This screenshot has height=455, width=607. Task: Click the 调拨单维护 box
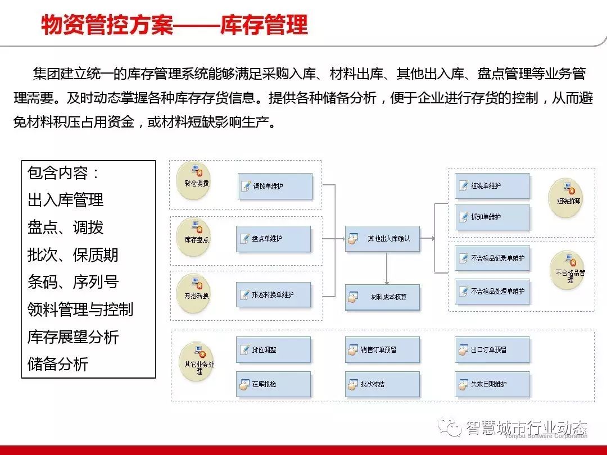[x=275, y=186]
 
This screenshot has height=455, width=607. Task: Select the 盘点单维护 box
[x=274, y=239]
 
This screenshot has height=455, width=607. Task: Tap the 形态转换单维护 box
[x=273, y=294]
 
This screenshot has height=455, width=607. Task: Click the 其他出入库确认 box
[x=382, y=239]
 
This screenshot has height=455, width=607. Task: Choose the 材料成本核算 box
[x=382, y=297]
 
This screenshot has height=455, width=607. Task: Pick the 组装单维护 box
[x=492, y=186]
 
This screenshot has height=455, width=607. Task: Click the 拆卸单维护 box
[x=492, y=217]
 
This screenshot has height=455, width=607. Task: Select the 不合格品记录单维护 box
[x=492, y=258]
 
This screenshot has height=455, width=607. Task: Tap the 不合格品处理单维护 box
[x=492, y=292]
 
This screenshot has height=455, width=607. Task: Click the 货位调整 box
[x=274, y=349]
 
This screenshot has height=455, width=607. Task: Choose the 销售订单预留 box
[x=382, y=349]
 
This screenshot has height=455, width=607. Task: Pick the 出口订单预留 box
[x=492, y=349]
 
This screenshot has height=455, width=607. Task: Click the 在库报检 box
[x=274, y=384]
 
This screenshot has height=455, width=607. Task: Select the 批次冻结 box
[x=382, y=384]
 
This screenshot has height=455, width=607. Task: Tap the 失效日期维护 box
[x=492, y=384]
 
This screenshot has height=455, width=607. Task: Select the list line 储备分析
[x=58, y=364]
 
